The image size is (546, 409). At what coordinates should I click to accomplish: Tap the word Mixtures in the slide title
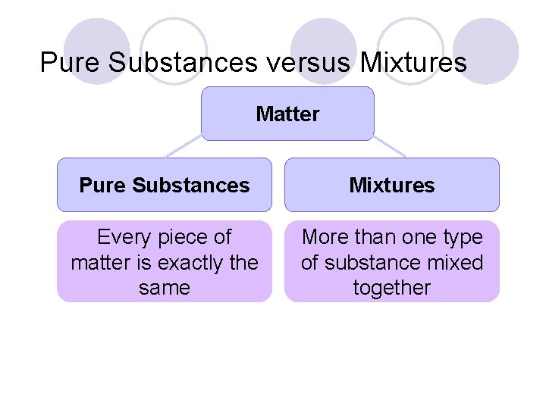(413, 62)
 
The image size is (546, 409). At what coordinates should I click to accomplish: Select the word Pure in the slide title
(71, 62)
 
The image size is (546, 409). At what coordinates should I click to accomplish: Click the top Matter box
(287, 114)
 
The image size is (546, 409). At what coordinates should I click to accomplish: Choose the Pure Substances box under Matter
(164, 185)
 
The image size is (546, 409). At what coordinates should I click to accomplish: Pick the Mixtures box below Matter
(392, 185)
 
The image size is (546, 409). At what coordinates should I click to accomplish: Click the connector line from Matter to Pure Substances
(184, 148)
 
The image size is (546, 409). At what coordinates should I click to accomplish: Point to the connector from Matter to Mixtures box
(390, 148)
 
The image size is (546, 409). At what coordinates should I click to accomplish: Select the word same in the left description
(165, 288)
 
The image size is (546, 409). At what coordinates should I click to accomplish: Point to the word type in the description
(462, 237)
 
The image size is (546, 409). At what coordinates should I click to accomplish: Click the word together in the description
(392, 288)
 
